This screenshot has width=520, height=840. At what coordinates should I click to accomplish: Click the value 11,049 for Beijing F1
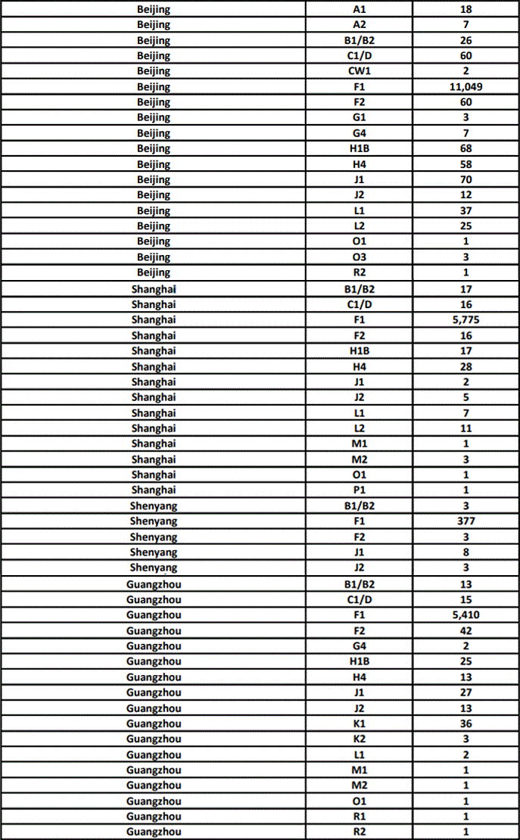pyautogui.click(x=466, y=87)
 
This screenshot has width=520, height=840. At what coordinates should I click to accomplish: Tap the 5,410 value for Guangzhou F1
pyautogui.click(x=466, y=615)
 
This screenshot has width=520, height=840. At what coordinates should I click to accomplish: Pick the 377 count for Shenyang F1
pyautogui.click(x=466, y=521)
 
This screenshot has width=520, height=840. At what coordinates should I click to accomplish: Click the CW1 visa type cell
pyautogui.click(x=360, y=71)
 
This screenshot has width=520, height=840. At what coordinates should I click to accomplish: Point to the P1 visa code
pyautogui.click(x=360, y=490)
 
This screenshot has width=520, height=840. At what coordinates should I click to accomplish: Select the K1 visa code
pyautogui.click(x=360, y=723)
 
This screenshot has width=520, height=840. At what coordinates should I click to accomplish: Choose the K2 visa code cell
pyautogui.click(x=360, y=739)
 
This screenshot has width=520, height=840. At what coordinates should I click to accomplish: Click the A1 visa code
pyautogui.click(x=360, y=9)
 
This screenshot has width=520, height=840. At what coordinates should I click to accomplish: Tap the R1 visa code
pyautogui.click(x=360, y=817)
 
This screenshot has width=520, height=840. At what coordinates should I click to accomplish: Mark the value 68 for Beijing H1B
pyautogui.click(x=466, y=149)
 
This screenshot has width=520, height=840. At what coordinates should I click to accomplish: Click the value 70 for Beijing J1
pyautogui.click(x=466, y=180)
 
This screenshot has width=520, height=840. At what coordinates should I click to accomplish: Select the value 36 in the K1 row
pyautogui.click(x=466, y=723)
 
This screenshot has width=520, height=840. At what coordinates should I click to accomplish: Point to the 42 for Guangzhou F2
pyautogui.click(x=466, y=630)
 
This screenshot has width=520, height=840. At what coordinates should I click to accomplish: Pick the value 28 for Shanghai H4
pyautogui.click(x=466, y=366)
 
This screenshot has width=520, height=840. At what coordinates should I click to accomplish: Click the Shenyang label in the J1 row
pyautogui.click(x=154, y=552)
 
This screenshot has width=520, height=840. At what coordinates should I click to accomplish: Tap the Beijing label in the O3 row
pyautogui.click(x=154, y=257)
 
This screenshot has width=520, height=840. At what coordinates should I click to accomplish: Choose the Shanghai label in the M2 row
pyautogui.click(x=154, y=459)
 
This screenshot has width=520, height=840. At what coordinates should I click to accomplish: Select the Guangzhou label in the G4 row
pyautogui.click(x=154, y=646)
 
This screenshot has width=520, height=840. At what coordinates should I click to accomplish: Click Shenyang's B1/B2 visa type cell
pyautogui.click(x=360, y=506)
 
